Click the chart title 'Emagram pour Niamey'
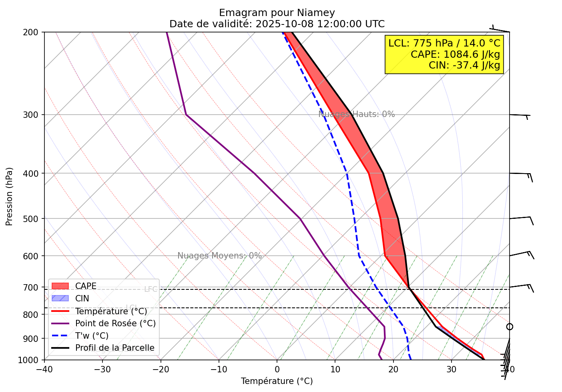277,13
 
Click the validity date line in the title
277,24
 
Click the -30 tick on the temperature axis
102,369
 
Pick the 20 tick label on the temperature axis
393,369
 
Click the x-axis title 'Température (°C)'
277,381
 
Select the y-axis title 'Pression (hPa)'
9,196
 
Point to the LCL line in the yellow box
444,43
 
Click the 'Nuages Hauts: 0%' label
356,114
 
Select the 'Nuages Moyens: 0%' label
219,256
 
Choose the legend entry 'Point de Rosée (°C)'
115,323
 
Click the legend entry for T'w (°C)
92,336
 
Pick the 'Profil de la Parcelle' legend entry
114,348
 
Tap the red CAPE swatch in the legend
60,286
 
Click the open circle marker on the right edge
510,327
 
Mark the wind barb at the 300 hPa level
520,115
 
